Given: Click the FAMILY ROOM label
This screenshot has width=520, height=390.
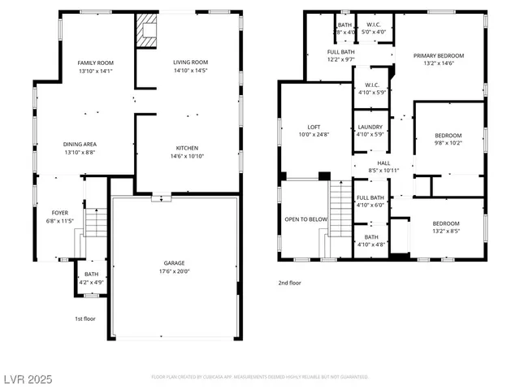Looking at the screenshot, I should pyautogui.click(x=96, y=63).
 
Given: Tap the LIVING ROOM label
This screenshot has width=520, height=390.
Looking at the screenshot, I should pyautogui.click(x=190, y=63).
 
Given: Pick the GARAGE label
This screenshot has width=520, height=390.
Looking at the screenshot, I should pyautogui.click(x=175, y=263).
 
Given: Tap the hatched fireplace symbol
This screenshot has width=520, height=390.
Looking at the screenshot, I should pyautogui.click(x=147, y=31).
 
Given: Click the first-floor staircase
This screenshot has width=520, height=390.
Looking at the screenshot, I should pyautogui.click(x=96, y=223).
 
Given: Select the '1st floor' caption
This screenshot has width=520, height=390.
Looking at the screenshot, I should pyautogui.click(x=84, y=318).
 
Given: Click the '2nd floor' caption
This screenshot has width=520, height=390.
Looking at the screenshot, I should pyautogui.click(x=290, y=283).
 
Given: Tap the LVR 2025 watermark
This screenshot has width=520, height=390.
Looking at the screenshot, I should pyautogui.click(x=28, y=379).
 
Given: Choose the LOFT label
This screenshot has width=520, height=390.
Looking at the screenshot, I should pyautogui.click(x=314, y=127).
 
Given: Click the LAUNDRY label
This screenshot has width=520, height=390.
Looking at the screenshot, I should pyautogui.click(x=370, y=127).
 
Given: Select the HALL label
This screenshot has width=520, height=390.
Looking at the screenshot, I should pyautogui.click(x=383, y=162).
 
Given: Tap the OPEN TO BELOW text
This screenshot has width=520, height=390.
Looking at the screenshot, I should pyautogui.click(x=305, y=219).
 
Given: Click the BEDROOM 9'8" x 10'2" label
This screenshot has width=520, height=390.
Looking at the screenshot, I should pyautogui.click(x=448, y=135).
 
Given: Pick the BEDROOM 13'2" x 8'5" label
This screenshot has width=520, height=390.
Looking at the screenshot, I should pyautogui.click(x=445, y=223).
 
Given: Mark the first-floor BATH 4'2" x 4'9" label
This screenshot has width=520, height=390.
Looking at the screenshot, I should pyautogui.click(x=91, y=275).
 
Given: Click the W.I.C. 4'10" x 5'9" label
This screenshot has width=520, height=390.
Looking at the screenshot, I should pyautogui.click(x=372, y=84).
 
